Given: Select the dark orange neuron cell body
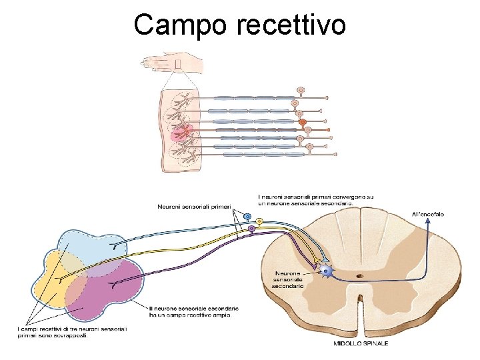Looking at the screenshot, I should coord(302,123).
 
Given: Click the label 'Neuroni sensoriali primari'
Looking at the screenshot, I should coord(193,207).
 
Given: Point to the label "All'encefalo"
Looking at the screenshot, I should coord(427,214).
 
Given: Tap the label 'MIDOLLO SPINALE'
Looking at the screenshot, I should coord(361,343).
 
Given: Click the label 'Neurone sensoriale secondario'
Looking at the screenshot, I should coord(289,279).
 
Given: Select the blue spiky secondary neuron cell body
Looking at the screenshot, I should coord(325,271).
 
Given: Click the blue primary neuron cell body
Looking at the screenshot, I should coord(247,217).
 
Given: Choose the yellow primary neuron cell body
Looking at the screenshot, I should coord(259,221).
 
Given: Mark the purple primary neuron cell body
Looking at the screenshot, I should coord(251,228).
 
